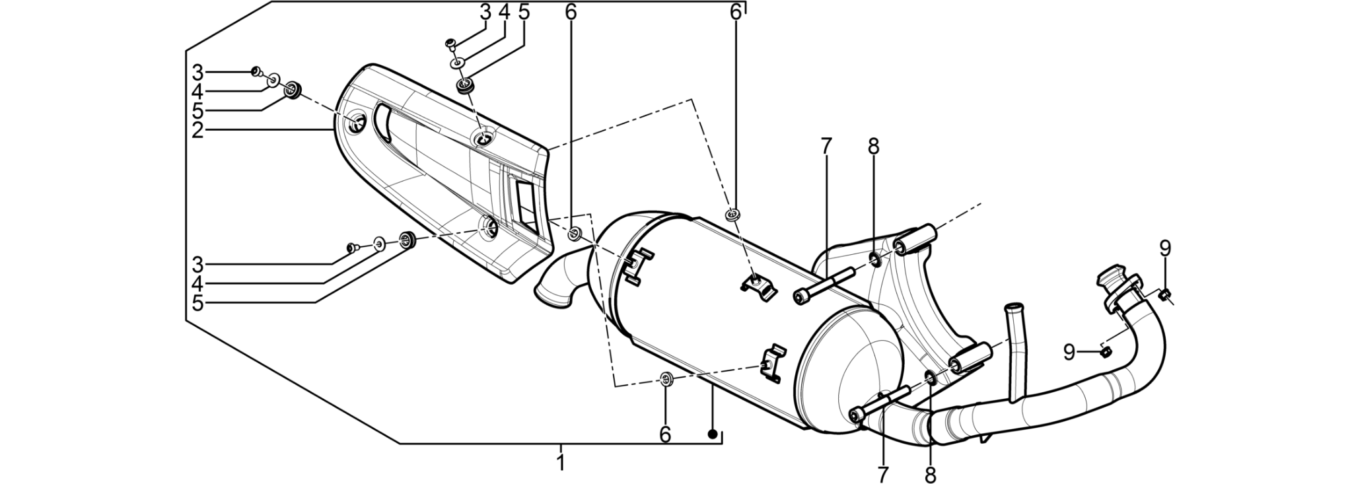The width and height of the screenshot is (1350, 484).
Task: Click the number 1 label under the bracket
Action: (561, 462)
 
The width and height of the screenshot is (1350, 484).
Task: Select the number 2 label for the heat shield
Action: (197, 130)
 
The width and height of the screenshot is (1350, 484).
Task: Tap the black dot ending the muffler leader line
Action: (712, 434)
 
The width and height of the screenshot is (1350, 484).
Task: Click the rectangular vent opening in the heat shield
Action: (528, 204)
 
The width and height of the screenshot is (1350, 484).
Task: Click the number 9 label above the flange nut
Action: (1165, 248)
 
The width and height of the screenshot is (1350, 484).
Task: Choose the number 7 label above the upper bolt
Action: (826, 147)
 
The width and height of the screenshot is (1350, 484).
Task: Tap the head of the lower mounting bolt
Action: (857, 415)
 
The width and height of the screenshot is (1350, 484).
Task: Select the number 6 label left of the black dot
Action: (665, 434)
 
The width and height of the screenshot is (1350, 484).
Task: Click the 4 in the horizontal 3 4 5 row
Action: (504, 11)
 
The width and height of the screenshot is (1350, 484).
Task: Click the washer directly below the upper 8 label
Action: (875, 257)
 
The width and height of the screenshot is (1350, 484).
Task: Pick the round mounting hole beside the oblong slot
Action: (357, 123)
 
